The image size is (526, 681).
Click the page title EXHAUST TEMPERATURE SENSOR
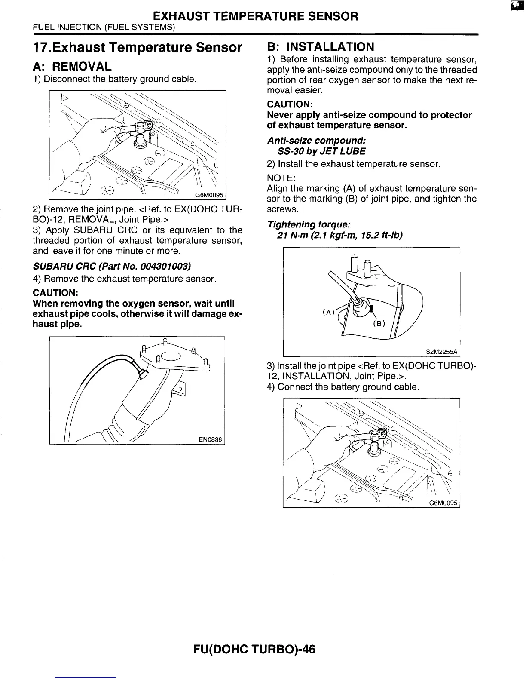click(x=255, y=16)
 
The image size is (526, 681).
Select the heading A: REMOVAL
click(x=72, y=67)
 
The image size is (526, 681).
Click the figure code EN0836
click(x=210, y=439)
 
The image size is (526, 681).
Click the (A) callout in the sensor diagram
click(x=328, y=313)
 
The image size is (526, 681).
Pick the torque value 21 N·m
click(x=292, y=236)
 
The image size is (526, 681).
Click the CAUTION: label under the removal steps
click(x=55, y=293)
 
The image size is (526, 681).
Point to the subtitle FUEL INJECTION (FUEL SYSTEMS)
click(x=104, y=27)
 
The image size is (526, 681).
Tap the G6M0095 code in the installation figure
click(x=443, y=503)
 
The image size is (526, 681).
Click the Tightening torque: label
click(x=309, y=225)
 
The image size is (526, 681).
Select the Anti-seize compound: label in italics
click(x=316, y=141)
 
